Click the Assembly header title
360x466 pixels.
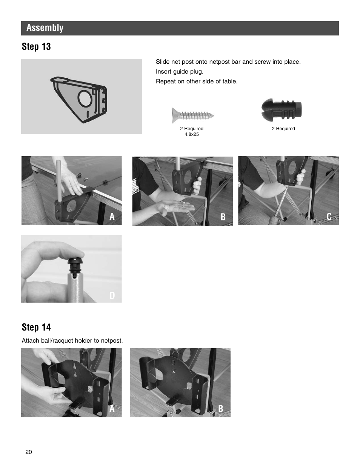coord(45,28)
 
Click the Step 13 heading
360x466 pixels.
coord(36,47)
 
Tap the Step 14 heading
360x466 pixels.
coord(36,327)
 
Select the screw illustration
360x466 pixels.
coord(193,114)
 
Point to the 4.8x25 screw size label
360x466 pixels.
coord(192,134)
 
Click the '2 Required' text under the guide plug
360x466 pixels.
coord(283,129)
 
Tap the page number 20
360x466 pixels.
coord(29,452)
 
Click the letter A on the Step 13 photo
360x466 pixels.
coord(112,217)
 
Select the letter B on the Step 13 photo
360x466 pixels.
coord(223,217)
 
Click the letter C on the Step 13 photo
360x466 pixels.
coord(329,217)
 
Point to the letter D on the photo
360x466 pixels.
coord(112,295)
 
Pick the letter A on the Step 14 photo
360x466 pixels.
coord(112,409)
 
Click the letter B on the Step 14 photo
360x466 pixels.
coord(221,409)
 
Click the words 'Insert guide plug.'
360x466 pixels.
coord(180,71)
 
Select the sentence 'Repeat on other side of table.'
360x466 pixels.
coord(197,81)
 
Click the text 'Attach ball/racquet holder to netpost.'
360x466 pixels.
coord(72,340)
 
